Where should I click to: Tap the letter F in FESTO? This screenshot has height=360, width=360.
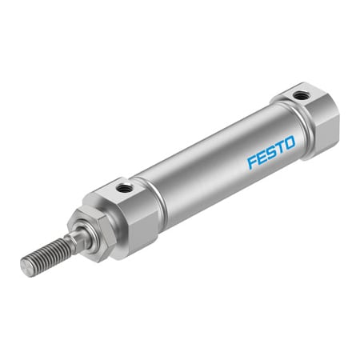(251, 162)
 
